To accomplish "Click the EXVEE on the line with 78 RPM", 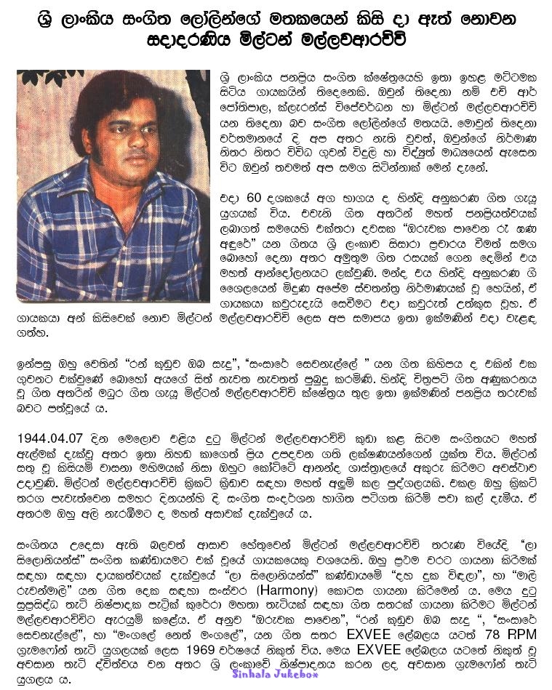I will tap(351, 630).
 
